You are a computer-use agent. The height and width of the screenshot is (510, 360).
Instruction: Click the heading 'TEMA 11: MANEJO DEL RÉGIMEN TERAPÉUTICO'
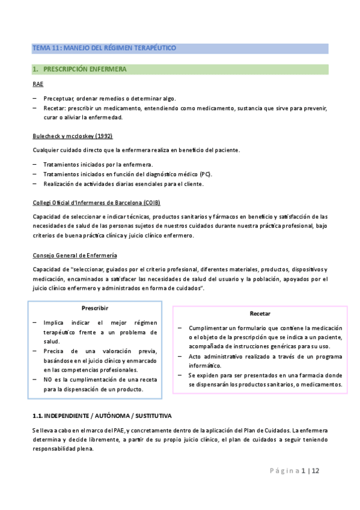(x=104, y=48)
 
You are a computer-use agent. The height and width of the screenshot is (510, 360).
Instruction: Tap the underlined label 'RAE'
(x=37, y=84)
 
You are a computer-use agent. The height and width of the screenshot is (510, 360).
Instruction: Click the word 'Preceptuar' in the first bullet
(x=59, y=99)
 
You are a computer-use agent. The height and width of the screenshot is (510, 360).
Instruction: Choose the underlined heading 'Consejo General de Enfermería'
(x=75, y=256)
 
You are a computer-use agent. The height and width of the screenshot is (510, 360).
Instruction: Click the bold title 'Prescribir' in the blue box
(x=94, y=308)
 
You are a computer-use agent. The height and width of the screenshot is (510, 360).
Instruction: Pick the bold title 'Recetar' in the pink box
(x=260, y=314)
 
